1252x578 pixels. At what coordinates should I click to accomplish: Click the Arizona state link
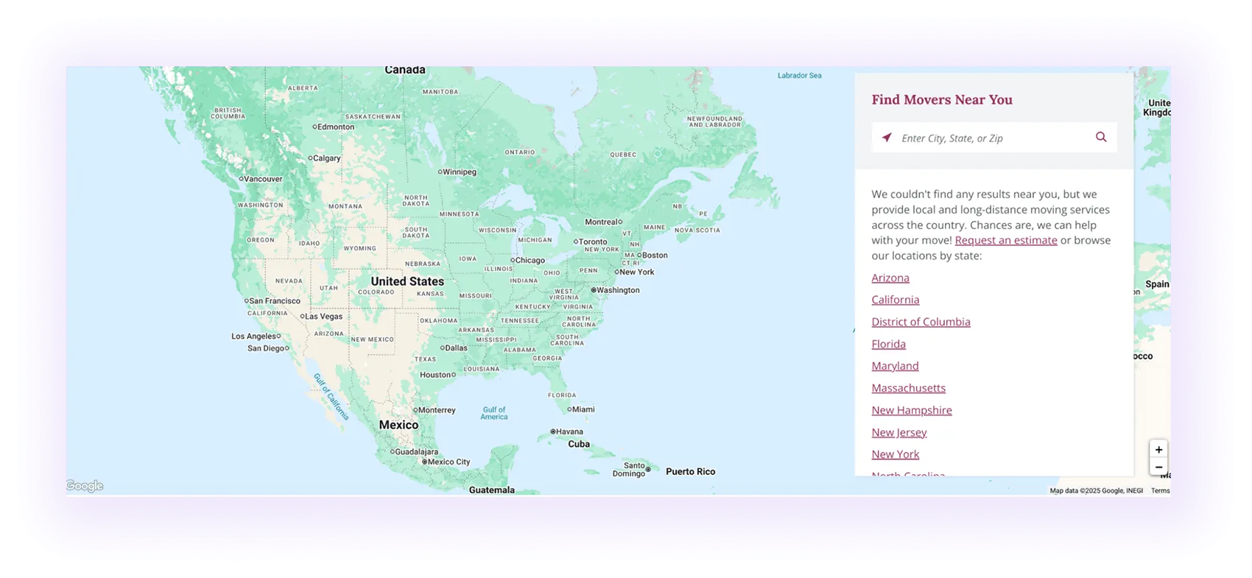coord(890,278)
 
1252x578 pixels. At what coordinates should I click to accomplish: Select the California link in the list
coord(895,300)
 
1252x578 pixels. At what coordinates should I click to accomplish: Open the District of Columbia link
coord(921,322)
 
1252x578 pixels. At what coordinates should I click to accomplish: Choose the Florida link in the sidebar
coord(888,344)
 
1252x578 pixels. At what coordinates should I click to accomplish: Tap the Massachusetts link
coord(908,388)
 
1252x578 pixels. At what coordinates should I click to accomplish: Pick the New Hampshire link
coord(911,410)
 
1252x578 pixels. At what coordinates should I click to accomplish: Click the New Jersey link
coord(898,432)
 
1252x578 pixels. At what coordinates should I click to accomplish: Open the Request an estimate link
coord(1005,240)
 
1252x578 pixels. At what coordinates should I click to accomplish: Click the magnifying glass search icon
coord(1101,137)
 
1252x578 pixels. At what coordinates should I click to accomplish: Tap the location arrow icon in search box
coord(887,138)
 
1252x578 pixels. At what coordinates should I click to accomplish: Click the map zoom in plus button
coord(1158,449)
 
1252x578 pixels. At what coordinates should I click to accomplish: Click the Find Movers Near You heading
coord(941,99)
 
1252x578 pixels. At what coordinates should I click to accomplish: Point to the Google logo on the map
coord(85,486)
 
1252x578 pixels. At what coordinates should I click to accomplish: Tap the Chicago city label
coord(530,260)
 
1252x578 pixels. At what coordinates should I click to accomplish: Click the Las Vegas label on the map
coord(323,317)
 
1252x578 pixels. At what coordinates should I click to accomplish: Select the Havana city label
coord(569,431)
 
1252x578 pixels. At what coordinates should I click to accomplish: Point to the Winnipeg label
coord(459,172)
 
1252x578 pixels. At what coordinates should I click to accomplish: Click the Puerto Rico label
coord(690,471)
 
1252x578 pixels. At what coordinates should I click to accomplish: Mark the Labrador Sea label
coord(799,75)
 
